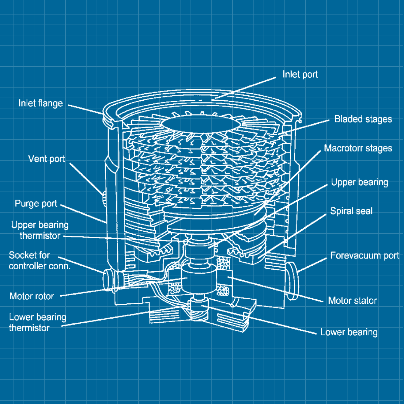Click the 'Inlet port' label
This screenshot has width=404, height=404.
300,74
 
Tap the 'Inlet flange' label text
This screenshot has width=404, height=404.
40,103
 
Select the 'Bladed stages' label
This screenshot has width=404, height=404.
363,119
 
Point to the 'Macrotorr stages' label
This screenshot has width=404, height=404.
358,148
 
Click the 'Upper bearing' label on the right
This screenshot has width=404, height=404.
360,182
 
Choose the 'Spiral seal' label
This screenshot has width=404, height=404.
351,211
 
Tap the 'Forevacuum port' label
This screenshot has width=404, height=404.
364,256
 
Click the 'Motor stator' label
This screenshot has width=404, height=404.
352,301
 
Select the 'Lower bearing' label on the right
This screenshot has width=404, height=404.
349,332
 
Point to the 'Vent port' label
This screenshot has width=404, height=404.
46,159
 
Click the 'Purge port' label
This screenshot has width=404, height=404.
36,204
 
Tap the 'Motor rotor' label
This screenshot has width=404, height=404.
32,296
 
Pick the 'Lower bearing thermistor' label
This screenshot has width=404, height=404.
37,323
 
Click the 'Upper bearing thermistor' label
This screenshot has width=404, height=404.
40,230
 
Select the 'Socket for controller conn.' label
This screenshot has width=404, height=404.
39,261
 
